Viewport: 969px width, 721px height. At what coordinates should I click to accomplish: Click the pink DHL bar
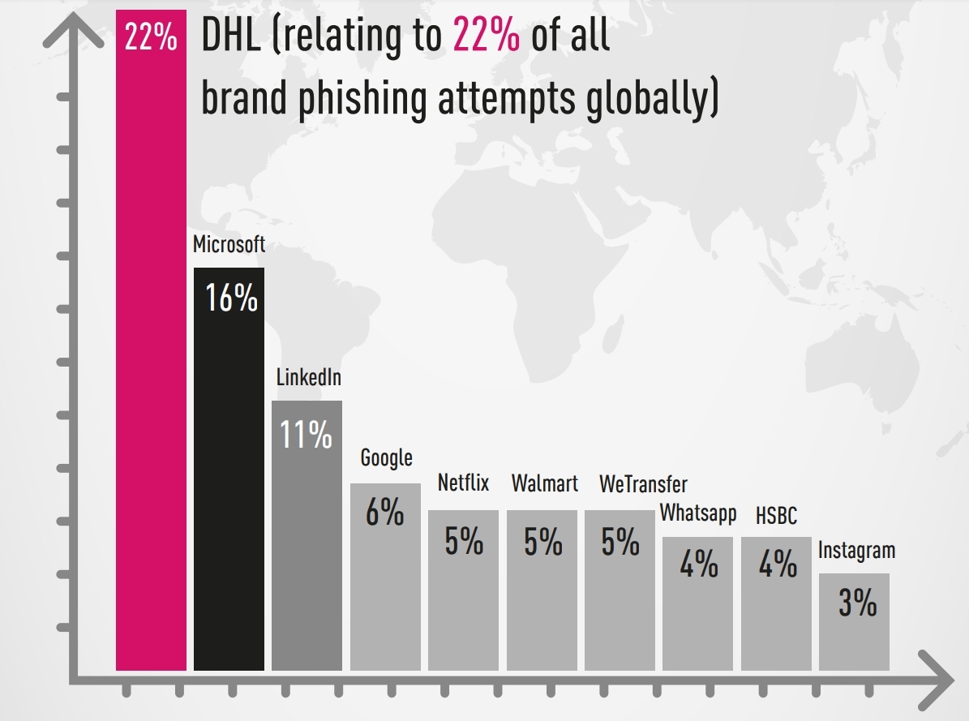pyautogui.click(x=151, y=365)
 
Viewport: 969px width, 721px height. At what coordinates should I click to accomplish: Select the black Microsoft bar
pyautogui.click(x=229, y=487)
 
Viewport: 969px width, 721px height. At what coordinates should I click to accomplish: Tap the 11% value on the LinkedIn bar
pyautogui.click(x=307, y=436)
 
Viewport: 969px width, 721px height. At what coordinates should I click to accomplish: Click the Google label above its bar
pyautogui.click(x=386, y=458)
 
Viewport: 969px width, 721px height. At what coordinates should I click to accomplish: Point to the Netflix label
pyautogui.click(x=463, y=483)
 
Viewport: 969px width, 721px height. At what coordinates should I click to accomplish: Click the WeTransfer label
pyautogui.click(x=643, y=484)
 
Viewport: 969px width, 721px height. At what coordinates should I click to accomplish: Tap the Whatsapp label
pyautogui.click(x=697, y=513)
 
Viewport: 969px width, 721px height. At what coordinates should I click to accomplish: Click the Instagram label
pyautogui.click(x=856, y=551)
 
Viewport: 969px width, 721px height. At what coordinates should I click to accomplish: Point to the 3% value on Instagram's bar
pyautogui.click(x=857, y=603)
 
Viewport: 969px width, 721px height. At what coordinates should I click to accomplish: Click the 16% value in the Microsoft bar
pyautogui.click(x=231, y=298)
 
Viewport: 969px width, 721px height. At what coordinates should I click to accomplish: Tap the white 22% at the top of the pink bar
pyautogui.click(x=151, y=37)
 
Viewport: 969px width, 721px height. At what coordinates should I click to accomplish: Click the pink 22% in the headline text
pyautogui.click(x=486, y=37)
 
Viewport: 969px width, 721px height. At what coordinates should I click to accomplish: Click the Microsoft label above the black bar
pyautogui.click(x=229, y=244)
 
